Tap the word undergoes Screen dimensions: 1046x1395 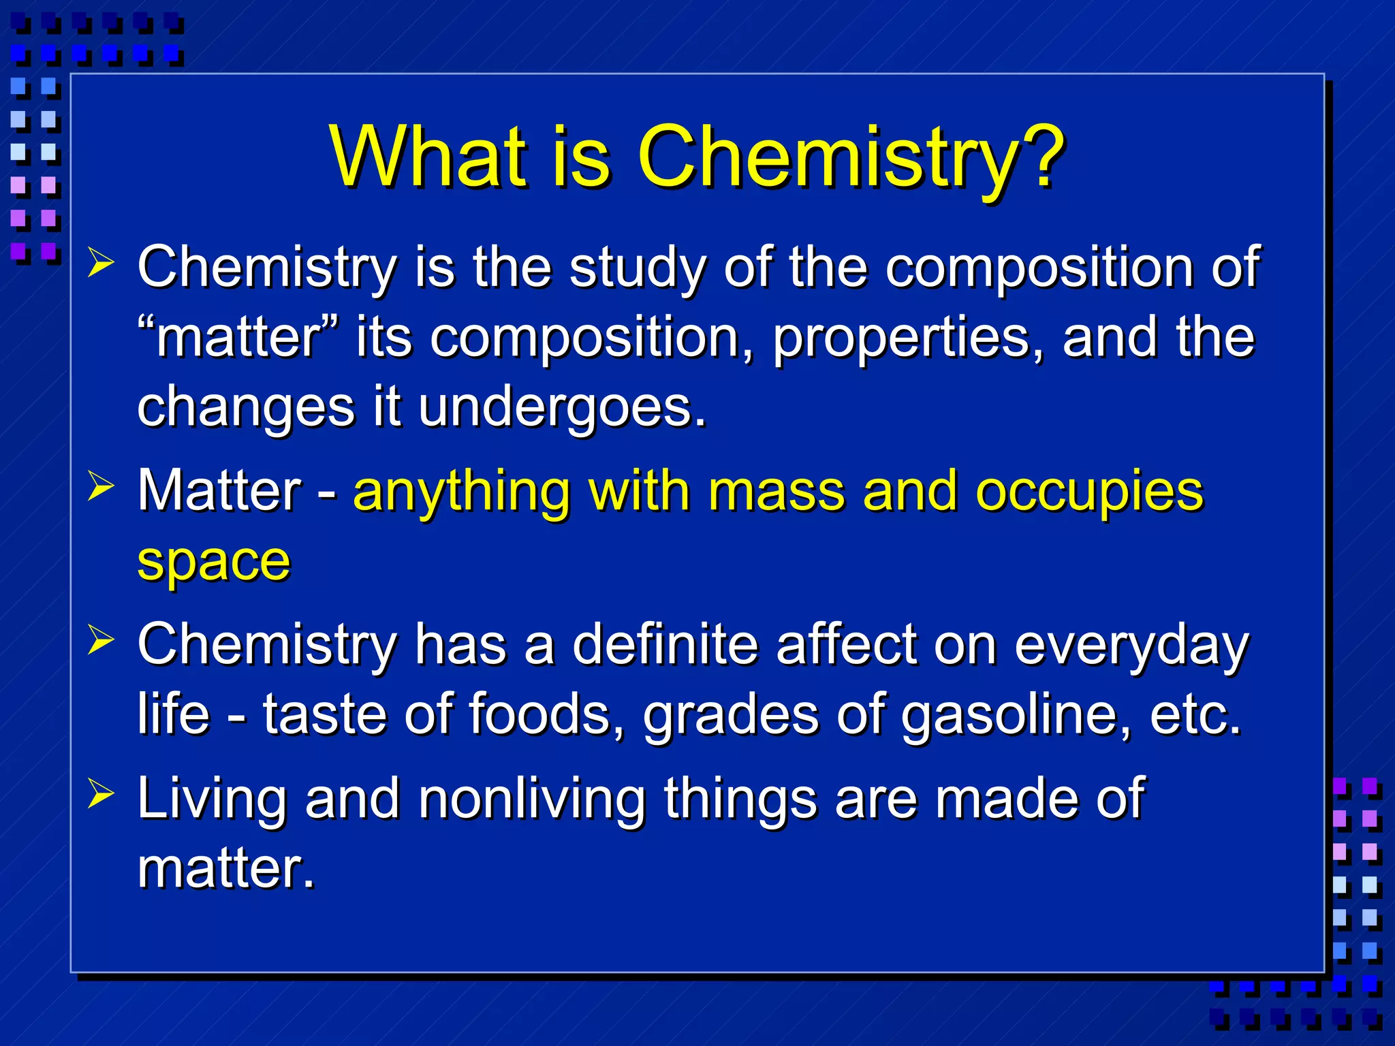pyautogui.click(x=562, y=407)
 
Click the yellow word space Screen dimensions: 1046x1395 pyautogui.click(x=214, y=562)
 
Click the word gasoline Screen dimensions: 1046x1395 pyautogui.click(x=1015, y=715)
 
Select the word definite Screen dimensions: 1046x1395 pyautogui.click(x=665, y=644)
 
